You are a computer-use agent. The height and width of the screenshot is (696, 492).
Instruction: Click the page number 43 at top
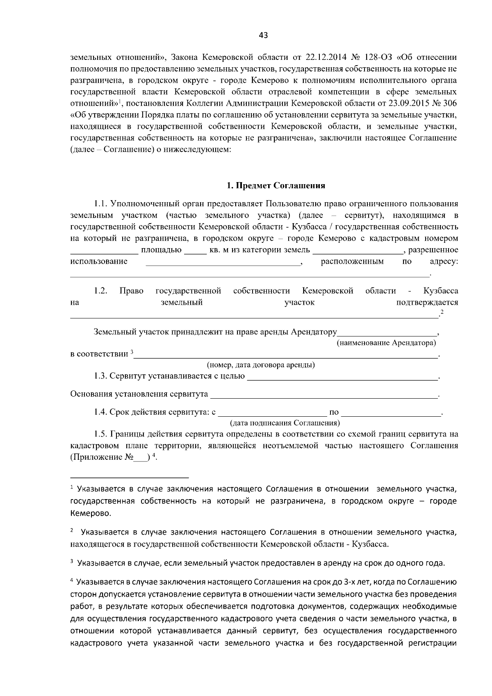[263, 36]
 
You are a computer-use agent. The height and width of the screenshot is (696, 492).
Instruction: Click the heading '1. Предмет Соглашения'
[276, 186]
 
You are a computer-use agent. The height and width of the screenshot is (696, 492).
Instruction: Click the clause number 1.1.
[100, 204]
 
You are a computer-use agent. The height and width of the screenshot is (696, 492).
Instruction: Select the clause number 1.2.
[100, 291]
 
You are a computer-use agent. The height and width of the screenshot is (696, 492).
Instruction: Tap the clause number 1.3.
[100, 376]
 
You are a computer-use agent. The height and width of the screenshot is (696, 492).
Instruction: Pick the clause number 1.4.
[100, 412]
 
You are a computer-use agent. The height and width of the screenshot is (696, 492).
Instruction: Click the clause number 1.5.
[100, 434]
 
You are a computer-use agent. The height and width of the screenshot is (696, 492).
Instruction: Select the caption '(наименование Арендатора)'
[386, 342]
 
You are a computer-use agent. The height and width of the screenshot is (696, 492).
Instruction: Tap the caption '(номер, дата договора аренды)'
[261, 365]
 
